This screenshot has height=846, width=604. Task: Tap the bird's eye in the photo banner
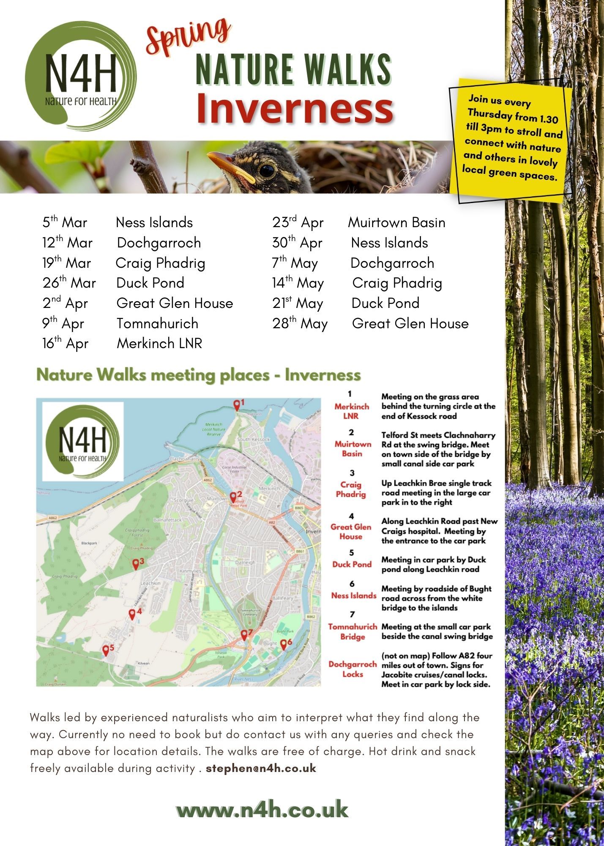pos(267,170)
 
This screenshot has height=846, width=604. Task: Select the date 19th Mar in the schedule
pos(67,263)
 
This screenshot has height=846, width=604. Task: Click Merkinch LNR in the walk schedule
pos(159,343)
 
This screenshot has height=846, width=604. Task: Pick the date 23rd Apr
pos(298,222)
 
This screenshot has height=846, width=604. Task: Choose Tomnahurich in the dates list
pos(157,323)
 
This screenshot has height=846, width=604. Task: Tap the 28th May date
pos(300,324)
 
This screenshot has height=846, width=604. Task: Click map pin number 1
pos(237,405)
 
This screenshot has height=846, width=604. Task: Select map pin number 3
pos(136,564)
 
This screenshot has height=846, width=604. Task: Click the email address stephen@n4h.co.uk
pos(261,768)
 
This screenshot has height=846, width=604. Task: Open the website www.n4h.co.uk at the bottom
pos(262,810)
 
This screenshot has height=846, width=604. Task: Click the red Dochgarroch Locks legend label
pos(353,669)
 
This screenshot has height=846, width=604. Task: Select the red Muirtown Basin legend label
pos(353,449)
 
